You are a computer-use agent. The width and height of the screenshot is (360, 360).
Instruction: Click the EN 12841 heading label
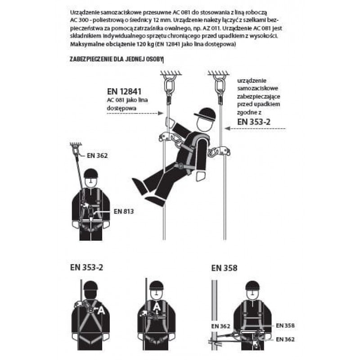(x=124, y=91)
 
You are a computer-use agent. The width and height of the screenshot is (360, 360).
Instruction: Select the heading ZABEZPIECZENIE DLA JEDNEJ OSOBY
(x=116, y=59)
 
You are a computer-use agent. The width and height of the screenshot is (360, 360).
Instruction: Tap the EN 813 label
(x=124, y=211)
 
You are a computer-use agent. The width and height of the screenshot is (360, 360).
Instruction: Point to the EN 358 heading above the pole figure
(x=224, y=268)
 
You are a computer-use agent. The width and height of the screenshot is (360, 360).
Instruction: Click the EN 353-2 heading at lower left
(x=86, y=267)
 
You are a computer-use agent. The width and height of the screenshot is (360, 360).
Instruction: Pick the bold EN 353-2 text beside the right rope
(x=254, y=121)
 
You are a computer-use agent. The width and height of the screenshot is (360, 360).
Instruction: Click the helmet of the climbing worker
(x=205, y=115)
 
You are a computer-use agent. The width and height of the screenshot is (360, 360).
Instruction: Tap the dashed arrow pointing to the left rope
(x=135, y=113)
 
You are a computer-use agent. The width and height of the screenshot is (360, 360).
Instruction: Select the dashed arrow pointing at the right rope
(x=255, y=129)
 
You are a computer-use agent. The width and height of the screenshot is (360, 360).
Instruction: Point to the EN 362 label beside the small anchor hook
(x=97, y=156)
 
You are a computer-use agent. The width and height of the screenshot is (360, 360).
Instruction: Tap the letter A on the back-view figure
(x=102, y=310)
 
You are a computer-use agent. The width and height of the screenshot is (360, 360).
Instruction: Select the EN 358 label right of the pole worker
(x=285, y=325)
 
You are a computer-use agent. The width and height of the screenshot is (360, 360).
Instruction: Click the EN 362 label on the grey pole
(x=220, y=326)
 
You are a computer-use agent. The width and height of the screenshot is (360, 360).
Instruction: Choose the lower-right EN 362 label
(x=285, y=339)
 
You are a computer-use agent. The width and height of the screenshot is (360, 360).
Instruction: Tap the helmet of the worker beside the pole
(x=252, y=286)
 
